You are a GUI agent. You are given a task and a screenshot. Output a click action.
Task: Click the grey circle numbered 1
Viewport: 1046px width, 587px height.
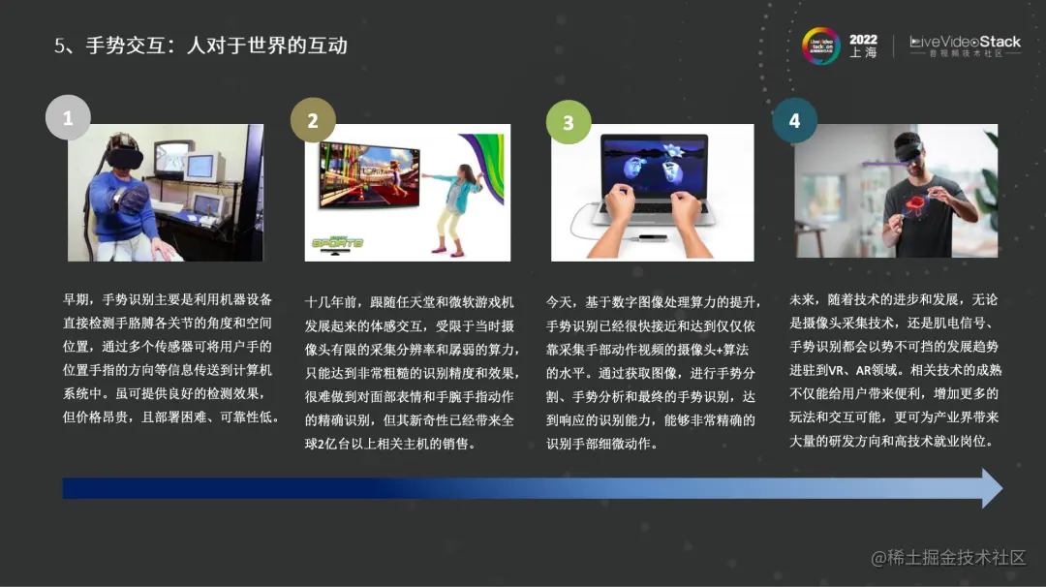[x=68, y=119]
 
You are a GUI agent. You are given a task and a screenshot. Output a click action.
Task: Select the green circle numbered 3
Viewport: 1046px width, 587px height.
[x=569, y=123]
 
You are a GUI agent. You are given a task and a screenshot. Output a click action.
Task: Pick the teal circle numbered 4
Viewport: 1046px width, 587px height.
[x=794, y=120]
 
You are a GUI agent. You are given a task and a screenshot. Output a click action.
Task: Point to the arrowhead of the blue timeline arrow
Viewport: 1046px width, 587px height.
[x=991, y=488]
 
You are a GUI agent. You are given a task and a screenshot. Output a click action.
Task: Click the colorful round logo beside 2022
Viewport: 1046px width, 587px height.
[x=820, y=46]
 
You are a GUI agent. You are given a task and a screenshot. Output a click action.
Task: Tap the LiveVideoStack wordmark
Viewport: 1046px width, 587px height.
[x=965, y=42]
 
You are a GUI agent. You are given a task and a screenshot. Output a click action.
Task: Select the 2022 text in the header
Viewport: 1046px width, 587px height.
[x=863, y=40]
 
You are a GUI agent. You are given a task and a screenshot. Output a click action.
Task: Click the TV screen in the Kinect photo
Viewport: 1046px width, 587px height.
[x=369, y=175]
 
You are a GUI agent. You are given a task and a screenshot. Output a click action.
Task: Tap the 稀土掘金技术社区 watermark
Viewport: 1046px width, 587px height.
[x=947, y=558]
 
